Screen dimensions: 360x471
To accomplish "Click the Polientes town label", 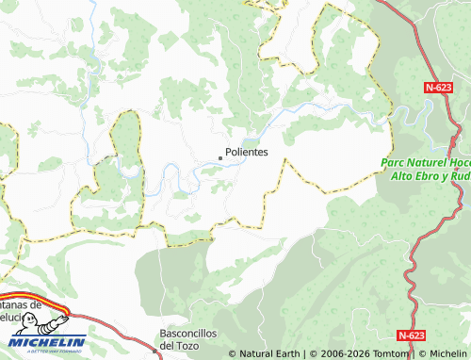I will pos(247,152).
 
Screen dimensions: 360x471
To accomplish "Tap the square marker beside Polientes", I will pos(220,157).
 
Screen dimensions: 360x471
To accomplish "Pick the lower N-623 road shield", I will pos(412,335).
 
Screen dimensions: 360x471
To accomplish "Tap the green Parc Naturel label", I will pos(425,169).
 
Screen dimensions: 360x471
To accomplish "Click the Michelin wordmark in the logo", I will pos(47,341).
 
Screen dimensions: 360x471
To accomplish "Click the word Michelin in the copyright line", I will pos(442,354).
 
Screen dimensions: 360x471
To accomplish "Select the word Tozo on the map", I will pos(188,345).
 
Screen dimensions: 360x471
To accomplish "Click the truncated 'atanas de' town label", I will pos(21,304).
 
